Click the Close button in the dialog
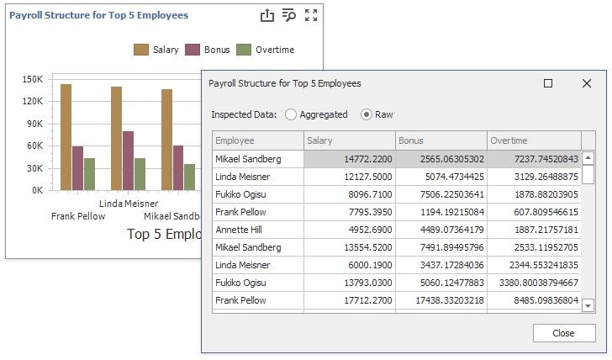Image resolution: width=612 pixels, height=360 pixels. [x=563, y=333]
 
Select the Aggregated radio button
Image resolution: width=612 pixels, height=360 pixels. [x=292, y=114]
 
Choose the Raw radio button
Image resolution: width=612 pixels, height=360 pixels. [x=367, y=114]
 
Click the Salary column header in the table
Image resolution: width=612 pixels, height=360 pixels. [x=349, y=140]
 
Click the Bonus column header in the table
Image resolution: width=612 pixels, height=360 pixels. [x=441, y=140]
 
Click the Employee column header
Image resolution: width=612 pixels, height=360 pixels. [x=257, y=140]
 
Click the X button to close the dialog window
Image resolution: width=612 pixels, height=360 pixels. [x=587, y=84]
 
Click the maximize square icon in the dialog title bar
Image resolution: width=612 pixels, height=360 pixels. [x=548, y=84]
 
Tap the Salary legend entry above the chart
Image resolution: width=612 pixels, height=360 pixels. [x=156, y=50]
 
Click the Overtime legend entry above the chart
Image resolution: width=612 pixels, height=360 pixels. [x=266, y=50]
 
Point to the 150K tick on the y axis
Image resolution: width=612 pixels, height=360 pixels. [x=33, y=80]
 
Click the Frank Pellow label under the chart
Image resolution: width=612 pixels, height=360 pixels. [x=78, y=216]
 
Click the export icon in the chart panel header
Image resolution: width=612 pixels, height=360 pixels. [x=267, y=15]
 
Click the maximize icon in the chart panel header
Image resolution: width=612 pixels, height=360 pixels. [x=311, y=15]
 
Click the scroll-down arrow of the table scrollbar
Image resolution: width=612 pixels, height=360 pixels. [x=588, y=306]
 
